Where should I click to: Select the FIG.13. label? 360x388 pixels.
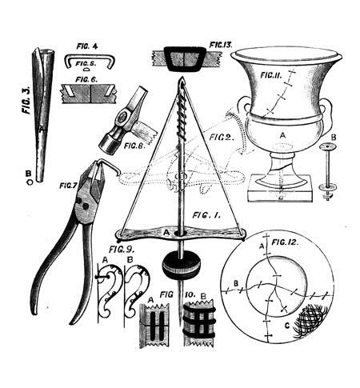(x=221, y=45)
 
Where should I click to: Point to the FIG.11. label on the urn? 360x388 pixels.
(x=271, y=75)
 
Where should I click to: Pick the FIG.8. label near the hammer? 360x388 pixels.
(x=134, y=146)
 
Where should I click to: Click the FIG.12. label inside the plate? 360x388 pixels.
(x=285, y=242)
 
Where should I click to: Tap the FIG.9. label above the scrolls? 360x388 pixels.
(x=122, y=250)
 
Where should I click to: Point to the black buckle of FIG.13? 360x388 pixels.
(x=185, y=58)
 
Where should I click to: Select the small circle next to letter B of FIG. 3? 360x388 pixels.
(x=30, y=182)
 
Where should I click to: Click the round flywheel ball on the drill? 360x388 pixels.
(x=181, y=265)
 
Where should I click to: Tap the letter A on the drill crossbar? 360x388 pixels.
(x=166, y=233)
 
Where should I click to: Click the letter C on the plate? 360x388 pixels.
(x=287, y=326)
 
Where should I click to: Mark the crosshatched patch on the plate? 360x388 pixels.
(x=310, y=321)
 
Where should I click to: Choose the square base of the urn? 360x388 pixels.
(x=280, y=189)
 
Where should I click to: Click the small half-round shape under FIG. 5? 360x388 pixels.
(x=87, y=70)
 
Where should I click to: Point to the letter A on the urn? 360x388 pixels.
(x=282, y=136)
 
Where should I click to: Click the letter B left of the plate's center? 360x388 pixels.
(x=236, y=283)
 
